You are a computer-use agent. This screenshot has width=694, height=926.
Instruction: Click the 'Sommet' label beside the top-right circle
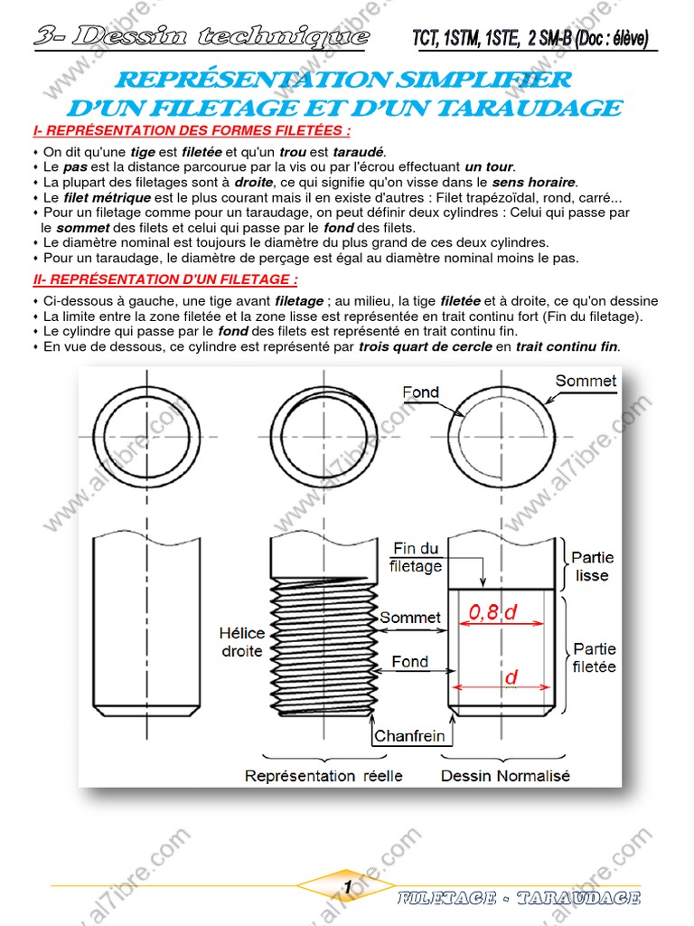(586, 381)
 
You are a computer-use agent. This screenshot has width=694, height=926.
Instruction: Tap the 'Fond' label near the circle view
(420, 392)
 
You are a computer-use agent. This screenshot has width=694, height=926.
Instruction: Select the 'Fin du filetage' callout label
(416, 557)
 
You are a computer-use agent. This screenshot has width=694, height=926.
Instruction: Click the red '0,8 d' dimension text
(493, 612)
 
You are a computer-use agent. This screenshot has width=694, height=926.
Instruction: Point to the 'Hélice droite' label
(240, 642)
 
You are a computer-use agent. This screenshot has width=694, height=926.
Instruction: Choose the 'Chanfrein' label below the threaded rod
(409, 736)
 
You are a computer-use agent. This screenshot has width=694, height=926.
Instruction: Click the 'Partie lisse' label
(590, 567)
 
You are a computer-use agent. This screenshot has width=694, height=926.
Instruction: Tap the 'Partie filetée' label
(594, 657)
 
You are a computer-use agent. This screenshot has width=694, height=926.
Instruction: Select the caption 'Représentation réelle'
(324, 776)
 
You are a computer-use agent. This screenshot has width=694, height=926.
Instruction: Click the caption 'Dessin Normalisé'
(505, 776)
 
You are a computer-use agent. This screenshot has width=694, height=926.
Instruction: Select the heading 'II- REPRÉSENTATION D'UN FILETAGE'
(164, 279)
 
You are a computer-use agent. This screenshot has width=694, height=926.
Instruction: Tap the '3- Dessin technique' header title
(202, 37)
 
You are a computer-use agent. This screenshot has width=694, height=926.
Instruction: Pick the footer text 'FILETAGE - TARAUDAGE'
(519, 898)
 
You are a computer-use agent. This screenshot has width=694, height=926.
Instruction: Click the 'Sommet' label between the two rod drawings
(410, 619)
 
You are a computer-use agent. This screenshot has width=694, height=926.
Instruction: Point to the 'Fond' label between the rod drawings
(410, 662)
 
